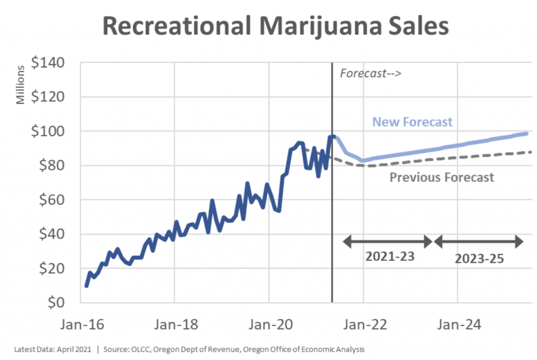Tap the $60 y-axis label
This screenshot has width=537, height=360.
tap(54, 200)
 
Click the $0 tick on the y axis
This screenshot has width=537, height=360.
tap(60, 303)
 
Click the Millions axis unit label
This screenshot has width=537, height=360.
tap(20, 85)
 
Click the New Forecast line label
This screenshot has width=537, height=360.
tap(412, 122)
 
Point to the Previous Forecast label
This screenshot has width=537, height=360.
tap(442, 177)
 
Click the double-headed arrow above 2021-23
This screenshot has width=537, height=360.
tap(388, 242)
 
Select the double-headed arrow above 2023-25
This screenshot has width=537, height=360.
tap(479, 242)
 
